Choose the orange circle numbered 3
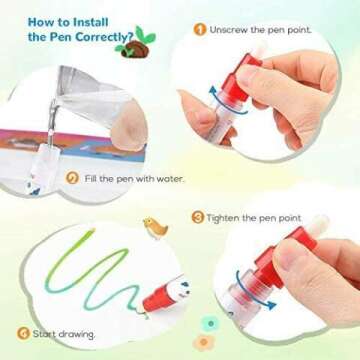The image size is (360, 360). [x=199, y=216]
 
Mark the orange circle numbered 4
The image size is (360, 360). [x=22, y=332]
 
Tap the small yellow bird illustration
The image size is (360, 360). [x=153, y=226]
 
